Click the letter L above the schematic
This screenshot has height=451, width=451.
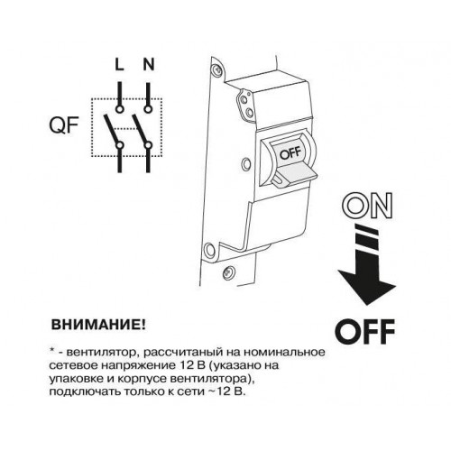[119, 65]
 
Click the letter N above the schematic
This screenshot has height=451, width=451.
[148, 65]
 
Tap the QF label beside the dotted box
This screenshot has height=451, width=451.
[64, 125]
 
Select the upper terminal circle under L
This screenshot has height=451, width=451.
[120, 109]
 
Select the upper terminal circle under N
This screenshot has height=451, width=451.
[148, 109]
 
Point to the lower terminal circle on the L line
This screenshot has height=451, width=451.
[120, 145]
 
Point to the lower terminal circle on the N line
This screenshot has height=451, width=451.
[148, 145]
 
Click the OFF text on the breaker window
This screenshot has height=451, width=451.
[290, 153]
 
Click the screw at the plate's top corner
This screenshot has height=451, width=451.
[216, 70]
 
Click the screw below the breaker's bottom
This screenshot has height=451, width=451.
[228, 273]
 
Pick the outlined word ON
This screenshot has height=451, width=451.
[367, 206]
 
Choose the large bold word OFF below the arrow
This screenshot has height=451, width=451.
[364, 332]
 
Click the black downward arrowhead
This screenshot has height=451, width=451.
[367, 284]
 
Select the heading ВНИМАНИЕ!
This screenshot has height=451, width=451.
[98, 325]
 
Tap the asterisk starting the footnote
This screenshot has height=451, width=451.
[52, 351]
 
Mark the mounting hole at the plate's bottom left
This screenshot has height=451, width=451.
[209, 250]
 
